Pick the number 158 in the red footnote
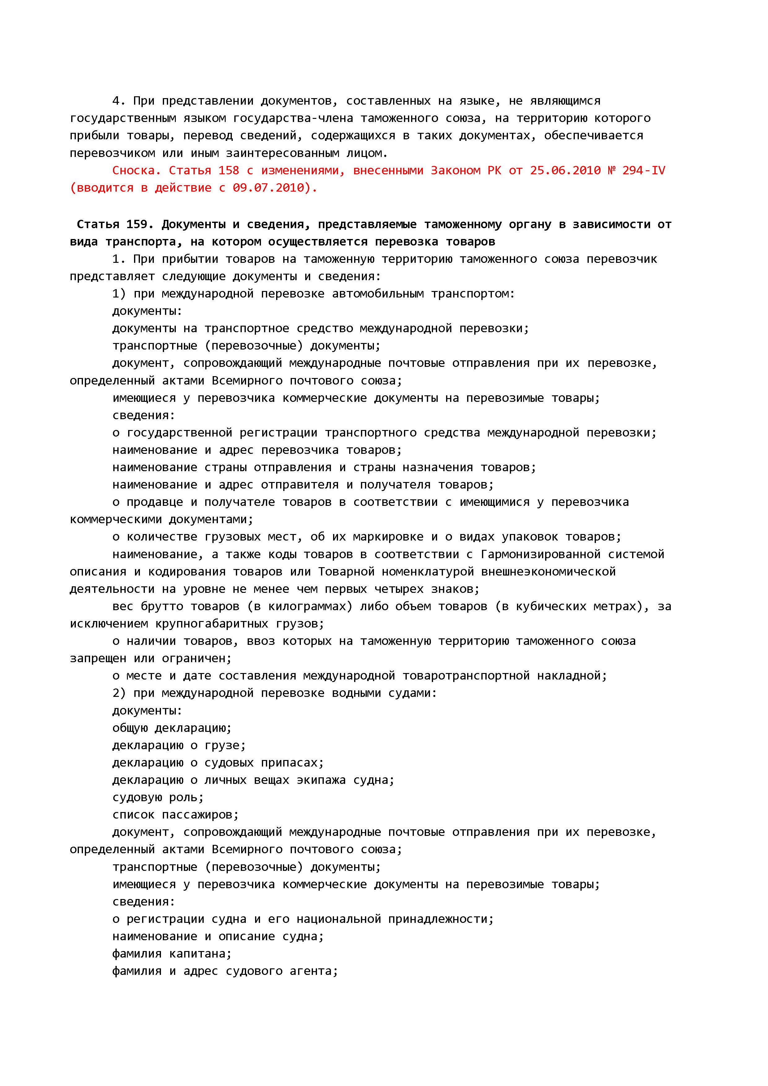[228, 170]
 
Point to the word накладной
[571, 675]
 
